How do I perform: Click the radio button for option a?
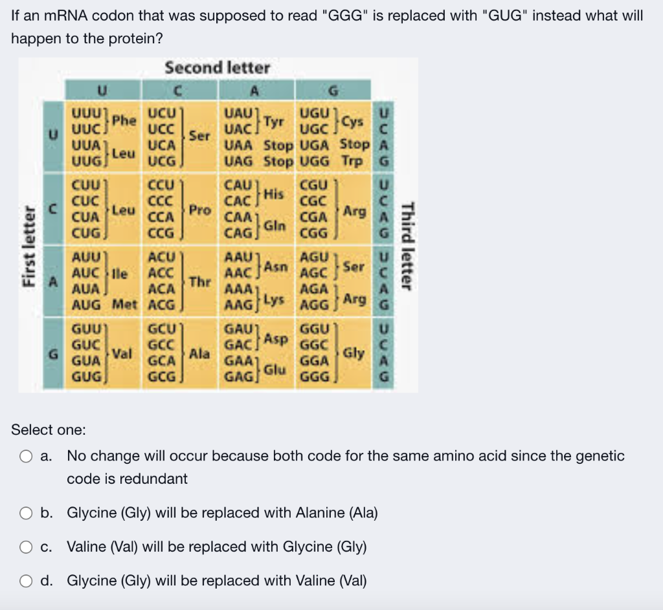click(x=26, y=457)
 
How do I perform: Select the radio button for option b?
click(x=26, y=514)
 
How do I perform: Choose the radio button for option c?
click(x=26, y=547)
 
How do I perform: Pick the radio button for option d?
click(x=26, y=581)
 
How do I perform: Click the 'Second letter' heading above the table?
click(x=217, y=68)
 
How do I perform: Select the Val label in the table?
click(x=123, y=354)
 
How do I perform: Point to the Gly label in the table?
click(x=354, y=353)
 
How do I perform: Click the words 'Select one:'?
click(x=49, y=430)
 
